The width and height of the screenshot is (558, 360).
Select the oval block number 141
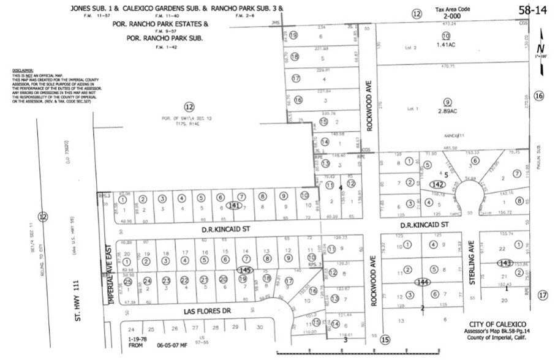click(232, 205)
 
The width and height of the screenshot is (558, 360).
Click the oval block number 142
click(437, 184)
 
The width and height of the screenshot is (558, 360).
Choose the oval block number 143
click(505, 263)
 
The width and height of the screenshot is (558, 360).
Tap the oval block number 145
click(245, 269)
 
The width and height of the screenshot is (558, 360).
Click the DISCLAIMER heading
click(22, 71)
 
